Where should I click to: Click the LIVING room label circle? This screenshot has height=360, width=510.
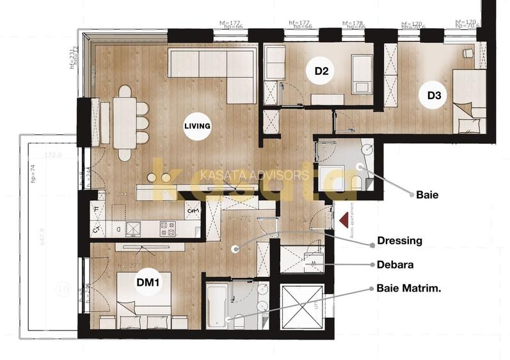(x=197, y=126)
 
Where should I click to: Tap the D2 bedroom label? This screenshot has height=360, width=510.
(x=321, y=72)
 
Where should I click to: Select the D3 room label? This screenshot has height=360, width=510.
(x=434, y=96)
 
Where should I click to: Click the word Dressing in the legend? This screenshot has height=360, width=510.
(x=400, y=241)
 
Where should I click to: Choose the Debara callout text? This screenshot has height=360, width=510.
(x=395, y=264)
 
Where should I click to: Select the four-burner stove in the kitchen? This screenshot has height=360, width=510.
(x=168, y=228)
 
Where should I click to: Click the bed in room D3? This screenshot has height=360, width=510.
(x=470, y=102)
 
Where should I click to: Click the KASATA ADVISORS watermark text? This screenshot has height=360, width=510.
(x=255, y=175)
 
